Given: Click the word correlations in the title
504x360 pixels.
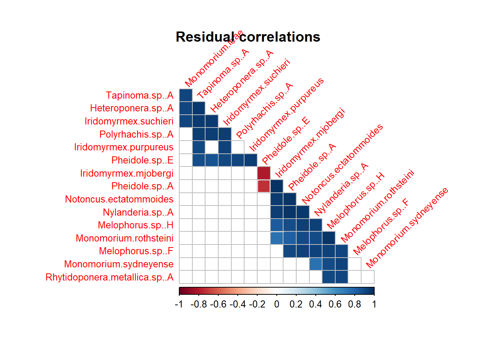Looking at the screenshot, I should (x=280, y=37).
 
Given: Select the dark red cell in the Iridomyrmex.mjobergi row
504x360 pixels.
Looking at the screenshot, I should (x=264, y=173).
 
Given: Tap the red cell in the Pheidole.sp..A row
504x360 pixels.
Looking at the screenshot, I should (x=264, y=186).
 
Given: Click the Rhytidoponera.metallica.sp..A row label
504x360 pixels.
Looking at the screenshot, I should (x=109, y=277).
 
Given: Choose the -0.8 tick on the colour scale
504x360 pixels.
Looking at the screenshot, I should (x=199, y=304).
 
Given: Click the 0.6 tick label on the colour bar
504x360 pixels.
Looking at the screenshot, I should (x=335, y=304).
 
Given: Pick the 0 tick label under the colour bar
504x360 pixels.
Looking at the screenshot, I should (x=277, y=304).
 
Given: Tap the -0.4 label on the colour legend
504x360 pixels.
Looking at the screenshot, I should (x=238, y=304).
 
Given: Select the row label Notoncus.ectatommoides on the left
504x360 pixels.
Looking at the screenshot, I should (x=119, y=199).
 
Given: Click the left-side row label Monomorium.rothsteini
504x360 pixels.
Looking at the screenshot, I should (x=124, y=238).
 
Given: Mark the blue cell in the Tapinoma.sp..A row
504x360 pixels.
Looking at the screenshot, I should (x=186, y=95).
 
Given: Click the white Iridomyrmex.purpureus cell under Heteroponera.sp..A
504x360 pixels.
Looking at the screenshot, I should (x=212, y=147).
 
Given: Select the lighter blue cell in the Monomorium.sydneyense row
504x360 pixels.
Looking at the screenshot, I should (x=316, y=264).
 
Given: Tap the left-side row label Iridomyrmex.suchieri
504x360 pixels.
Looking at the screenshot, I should (x=129, y=121).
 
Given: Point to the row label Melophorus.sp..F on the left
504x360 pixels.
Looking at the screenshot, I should (x=136, y=251).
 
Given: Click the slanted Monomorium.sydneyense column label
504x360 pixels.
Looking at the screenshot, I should (x=407, y=228).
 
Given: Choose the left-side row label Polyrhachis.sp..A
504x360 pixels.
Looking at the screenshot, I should (x=136, y=134).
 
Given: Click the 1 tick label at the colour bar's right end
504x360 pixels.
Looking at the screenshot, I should (x=374, y=304).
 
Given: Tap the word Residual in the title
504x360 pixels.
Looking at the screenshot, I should (x=205, y=37).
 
